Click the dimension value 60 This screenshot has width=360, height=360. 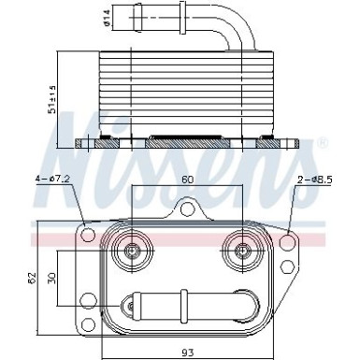(x=188, y=179)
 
